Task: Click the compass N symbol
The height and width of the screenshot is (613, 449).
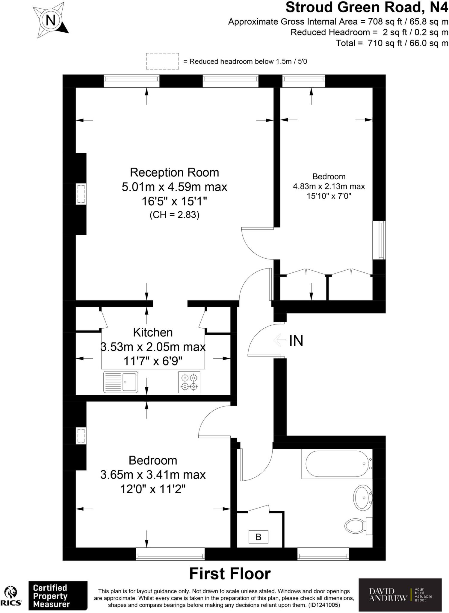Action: [50, 20]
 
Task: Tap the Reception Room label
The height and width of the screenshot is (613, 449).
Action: [174, 172]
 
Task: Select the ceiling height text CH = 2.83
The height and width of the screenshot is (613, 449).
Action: [174, 215]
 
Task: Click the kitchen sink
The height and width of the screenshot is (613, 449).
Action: [121, 382]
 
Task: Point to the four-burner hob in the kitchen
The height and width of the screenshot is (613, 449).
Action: [189, 382]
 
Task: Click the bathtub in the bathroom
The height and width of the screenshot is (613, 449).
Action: [337, 464]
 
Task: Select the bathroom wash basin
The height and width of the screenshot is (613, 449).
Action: [363, 497]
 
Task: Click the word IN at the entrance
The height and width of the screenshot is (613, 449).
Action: [296, 341]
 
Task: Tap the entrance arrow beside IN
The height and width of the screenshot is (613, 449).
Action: [279, 340]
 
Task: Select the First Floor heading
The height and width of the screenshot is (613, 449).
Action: [230, 574]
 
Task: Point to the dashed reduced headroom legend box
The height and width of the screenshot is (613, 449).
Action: [162, 61]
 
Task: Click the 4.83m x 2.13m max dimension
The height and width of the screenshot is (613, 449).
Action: [329, 186]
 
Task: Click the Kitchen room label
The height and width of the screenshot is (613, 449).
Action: [153, 333]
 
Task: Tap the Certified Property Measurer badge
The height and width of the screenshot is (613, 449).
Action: [58, 596]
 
